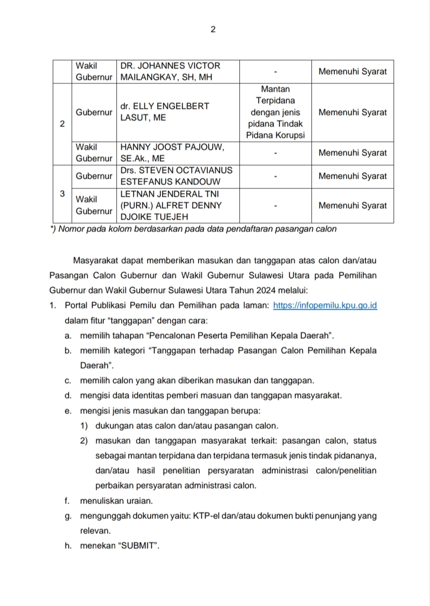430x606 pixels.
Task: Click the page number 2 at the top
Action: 213,29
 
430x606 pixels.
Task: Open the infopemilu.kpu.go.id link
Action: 325,305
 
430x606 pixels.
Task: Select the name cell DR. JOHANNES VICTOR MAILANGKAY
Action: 177,71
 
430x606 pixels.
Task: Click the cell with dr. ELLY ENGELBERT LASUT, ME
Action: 177,112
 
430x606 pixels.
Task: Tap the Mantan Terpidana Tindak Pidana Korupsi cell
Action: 275,112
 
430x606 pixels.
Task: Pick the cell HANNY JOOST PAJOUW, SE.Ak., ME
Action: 177,153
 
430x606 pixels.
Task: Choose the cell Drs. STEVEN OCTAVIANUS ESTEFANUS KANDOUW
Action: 177,176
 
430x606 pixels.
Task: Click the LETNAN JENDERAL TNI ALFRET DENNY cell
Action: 177,205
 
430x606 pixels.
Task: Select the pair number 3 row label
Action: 62,194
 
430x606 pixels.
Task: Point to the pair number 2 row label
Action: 62,124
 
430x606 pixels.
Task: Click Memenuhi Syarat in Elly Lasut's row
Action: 352,112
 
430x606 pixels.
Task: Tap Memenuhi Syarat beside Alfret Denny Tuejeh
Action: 352,205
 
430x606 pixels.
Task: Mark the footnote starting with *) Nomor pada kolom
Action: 194,229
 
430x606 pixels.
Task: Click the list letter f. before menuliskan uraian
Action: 67,501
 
